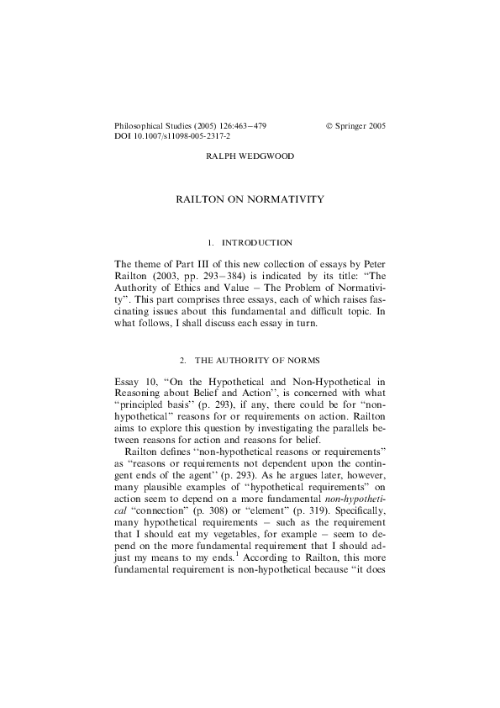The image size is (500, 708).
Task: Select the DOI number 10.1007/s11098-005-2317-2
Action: [182, 135]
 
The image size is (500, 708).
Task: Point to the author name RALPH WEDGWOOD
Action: [250, 157]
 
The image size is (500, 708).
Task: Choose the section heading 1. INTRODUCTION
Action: [250, 243]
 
